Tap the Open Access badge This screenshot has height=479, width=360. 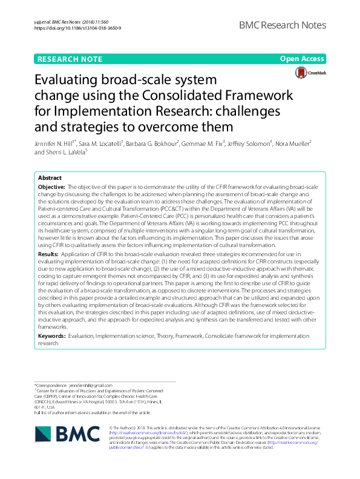click(302, 60)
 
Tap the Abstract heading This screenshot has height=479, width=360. click(50, 179)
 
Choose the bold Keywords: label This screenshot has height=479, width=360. click(52, 335)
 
